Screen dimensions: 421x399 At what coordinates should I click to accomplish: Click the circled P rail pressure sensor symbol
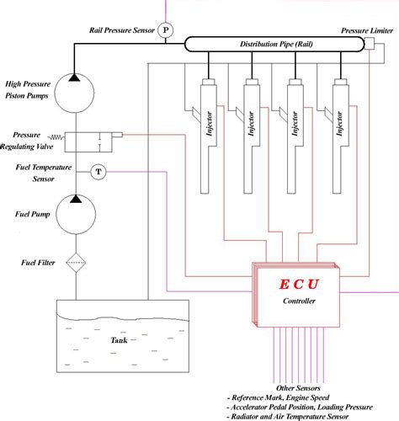pyautogui.click(x=166, y=29)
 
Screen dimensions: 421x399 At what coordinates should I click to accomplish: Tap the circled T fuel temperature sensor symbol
pyautogui.click(x=99, y=172)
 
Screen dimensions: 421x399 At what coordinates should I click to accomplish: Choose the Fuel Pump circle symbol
pyautogui.click(x=77, y=213)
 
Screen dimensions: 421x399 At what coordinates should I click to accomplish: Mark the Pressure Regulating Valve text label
pyautogui.click(x=35, y=139)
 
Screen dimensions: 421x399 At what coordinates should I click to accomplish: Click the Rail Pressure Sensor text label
pyautogui.click(x=120, y=29)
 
